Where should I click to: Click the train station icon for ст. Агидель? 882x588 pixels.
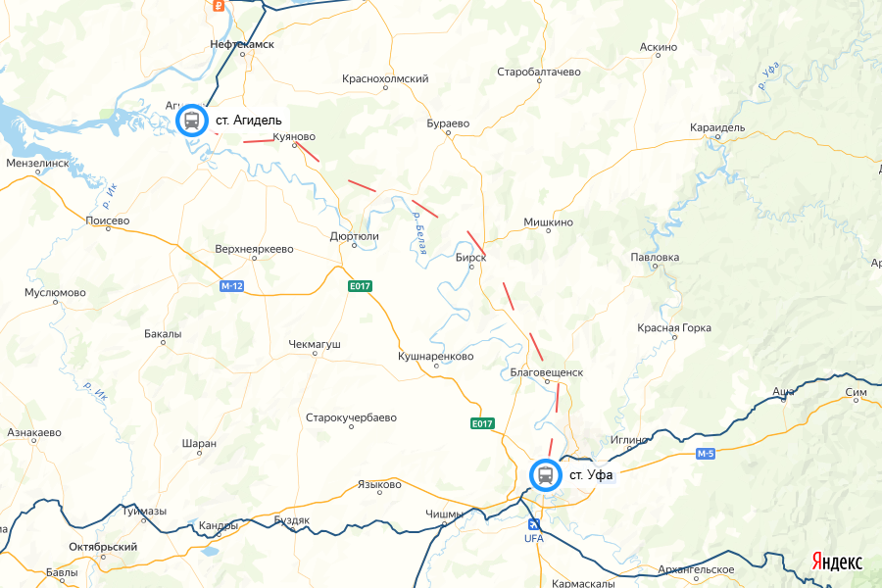[x=192, y=121]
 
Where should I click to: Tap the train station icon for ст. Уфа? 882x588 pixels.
[x=544, y=475]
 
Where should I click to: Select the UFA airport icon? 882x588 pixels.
[x=533, y=525]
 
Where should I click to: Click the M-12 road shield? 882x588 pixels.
[x=232, y=286]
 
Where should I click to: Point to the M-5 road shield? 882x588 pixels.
[x=707, y=454]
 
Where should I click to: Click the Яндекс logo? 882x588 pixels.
[x=836, y=562]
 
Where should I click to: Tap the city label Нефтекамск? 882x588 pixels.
[x=242, y=45]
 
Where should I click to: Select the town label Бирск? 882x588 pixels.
[x=471, y=258]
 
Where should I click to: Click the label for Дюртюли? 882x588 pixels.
[x=355, y=236]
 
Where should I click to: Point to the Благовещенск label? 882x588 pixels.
[x=547, y=372]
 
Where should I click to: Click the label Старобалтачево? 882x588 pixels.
[x=539, y=73]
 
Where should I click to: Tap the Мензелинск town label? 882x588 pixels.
[x=37, y=163]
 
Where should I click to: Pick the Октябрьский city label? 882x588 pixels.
[x=103, y=547]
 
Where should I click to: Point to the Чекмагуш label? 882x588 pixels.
[x=315, y=345]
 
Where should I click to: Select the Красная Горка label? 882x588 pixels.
[x=673, y=327]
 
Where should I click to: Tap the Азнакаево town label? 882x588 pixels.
[x=34, y=432]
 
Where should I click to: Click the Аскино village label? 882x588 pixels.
[x=658, y=47]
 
